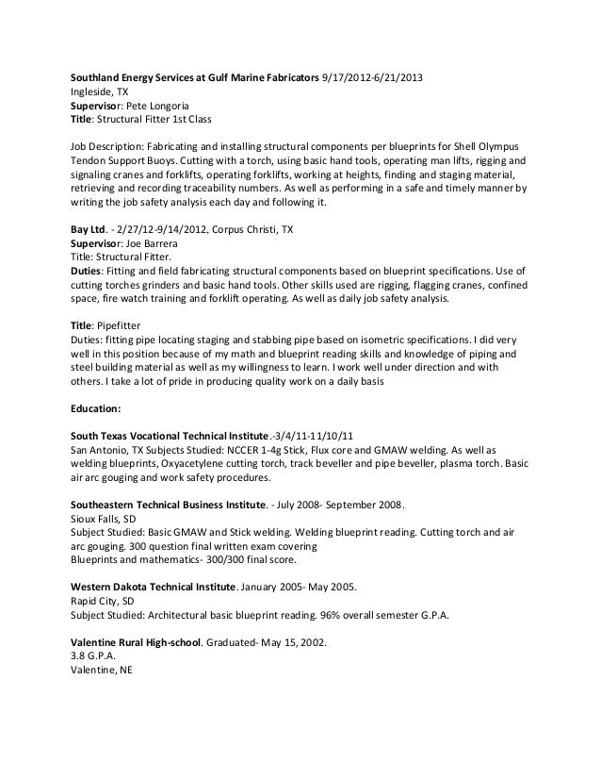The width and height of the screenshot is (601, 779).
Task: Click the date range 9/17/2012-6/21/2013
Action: coord(373,77)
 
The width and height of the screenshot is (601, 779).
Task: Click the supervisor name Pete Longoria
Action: coord(159,108)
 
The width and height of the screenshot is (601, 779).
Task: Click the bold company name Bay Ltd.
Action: coord(92,228)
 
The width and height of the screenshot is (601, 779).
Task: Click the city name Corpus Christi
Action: coord(259,228)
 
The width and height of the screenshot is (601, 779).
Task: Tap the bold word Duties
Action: coord(89,273)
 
